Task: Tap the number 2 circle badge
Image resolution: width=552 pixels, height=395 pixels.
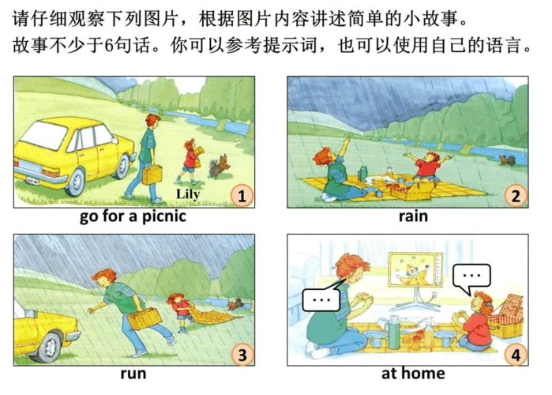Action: click(516, 195)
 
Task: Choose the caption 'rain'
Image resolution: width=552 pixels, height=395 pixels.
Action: click(412, 216)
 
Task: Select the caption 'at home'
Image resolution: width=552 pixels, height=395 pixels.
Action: click(412, 373)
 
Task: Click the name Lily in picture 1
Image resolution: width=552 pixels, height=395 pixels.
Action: click(190, 194)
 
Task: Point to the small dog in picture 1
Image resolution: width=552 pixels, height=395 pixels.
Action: click(216, 167)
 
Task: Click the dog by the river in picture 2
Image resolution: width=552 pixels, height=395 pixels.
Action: click(507, 160)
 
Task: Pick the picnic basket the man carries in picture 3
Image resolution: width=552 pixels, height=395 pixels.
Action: click(145, 318)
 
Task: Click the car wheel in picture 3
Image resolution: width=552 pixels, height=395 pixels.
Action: click(49, 343)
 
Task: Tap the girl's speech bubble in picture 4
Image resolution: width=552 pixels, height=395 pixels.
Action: click(472, 276)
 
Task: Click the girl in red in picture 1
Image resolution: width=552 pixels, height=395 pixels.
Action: click(190, 158)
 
